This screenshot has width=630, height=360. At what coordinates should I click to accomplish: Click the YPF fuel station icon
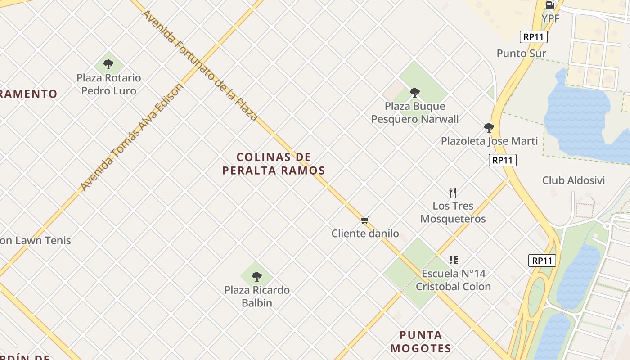[x=550, y=5]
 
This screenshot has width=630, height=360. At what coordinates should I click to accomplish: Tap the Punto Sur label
[x=521, y=54]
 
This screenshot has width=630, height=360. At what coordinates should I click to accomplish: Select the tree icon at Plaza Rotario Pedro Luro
[x=108, y=64]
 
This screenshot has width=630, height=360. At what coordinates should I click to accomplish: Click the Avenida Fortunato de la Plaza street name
[x=200, y=66]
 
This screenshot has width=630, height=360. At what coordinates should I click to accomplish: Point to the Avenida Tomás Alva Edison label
[x=132, y=137]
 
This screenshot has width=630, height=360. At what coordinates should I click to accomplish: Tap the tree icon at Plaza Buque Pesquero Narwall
[x=415, y=93]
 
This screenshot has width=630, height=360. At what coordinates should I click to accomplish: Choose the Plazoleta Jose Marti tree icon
[x=489, y=128]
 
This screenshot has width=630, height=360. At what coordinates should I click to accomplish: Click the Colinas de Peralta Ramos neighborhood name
[x=274, y=164]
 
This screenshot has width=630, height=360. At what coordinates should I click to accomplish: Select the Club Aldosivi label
[x=573, y=180]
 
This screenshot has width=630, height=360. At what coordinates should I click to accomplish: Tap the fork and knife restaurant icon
[x=453, y=193]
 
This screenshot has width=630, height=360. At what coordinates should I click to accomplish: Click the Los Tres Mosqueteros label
[x=453, y=212]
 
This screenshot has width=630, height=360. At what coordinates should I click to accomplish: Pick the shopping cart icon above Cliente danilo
[x=364, y=220]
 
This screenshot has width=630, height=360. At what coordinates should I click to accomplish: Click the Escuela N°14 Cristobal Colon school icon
[x=453, y=260]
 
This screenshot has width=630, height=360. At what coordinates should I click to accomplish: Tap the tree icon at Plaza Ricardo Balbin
[x=257, y=276]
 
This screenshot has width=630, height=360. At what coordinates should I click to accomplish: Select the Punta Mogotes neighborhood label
[x=421, y=342]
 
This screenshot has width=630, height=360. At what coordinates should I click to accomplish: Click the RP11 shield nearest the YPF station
[x=534, y=37]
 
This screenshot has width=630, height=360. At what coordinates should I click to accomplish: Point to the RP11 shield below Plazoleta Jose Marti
[x=502, y=160]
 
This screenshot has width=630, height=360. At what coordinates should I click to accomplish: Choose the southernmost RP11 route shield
[x=542, y=261]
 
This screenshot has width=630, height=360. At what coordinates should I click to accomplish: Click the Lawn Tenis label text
[x=36, y=240]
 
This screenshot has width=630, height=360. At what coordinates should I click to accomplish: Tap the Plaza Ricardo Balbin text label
[x=257, y=296]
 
